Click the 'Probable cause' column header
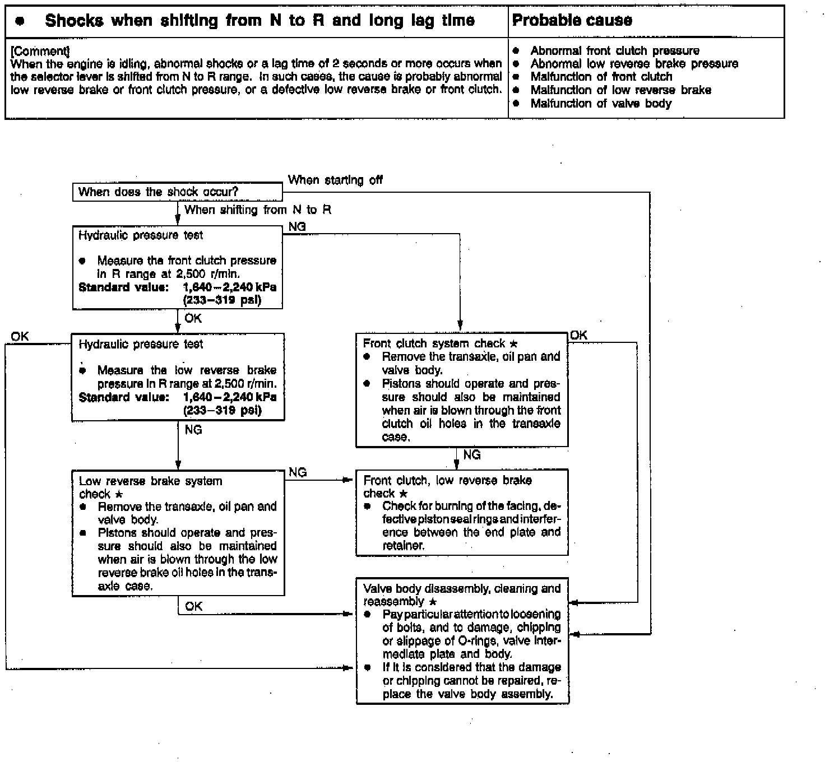pyautogui.click(x=572, y=21)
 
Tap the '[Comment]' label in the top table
pyautogui.click(x=39, y=51)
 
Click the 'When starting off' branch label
pyautogui.click(x=335, y=180)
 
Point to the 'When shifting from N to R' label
pyautogui.click(x=258, y=210)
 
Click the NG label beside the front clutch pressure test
pyautogui.click(x=297, y=227)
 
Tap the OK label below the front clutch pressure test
pyautogui.click(x=193, y=318)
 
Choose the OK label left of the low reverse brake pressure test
pyautogui.click(x=20, y=336)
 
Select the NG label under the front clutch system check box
pyautogui.click(x=472, y=455)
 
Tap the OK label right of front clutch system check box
pyautogui.click(x=578, y=335)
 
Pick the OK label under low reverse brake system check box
pyautogui.click(x=193, y=606)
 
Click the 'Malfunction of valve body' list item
pyautogui.click(x=600, y=104)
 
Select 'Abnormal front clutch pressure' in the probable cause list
pyautogui.click(x=614, y=51)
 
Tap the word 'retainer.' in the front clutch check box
pyautogui.click(x=403, y=545)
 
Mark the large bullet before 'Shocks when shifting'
pyautogui.click(x=20, y=21)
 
